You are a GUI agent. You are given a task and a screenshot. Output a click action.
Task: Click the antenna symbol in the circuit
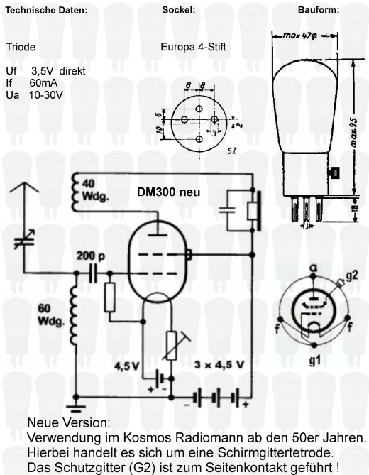(24, 191)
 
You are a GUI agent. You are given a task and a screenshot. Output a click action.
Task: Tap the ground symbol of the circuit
(76, 408)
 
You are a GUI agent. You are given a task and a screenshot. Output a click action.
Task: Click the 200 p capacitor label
(91, 256)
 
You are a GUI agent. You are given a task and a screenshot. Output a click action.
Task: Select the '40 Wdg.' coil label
(95, 190)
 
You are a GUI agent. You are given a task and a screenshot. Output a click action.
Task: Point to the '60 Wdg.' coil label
(51, 315)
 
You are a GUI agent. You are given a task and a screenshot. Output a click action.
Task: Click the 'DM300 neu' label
(169, 192)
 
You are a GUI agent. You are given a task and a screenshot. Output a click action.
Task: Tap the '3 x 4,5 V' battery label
(219, 364)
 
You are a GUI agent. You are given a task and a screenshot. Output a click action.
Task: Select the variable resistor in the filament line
(175, 346)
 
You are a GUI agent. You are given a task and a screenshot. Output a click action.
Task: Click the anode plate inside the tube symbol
(158, 234)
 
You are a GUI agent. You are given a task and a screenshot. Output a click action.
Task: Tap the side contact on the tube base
(334, 173)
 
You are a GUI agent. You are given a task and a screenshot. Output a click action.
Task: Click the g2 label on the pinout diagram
(351, 275)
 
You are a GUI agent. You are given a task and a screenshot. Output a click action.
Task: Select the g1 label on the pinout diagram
(315, 361)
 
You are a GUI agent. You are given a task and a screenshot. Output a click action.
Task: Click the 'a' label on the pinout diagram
(314, 268)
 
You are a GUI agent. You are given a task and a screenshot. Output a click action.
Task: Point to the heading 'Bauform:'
(319, 10)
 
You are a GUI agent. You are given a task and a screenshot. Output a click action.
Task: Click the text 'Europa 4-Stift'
(193, 47)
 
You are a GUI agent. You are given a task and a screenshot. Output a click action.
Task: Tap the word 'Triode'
(21, 47)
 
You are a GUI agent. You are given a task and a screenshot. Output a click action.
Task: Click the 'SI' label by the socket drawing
(232, 151)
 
